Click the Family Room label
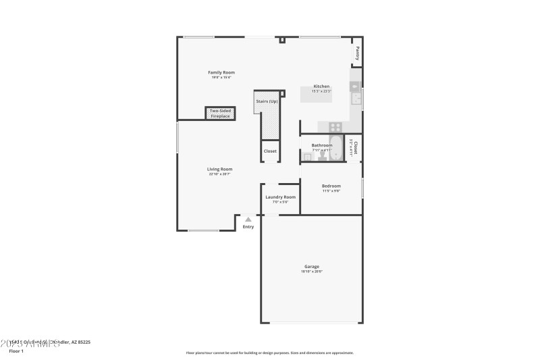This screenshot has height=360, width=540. [x=221, y=72]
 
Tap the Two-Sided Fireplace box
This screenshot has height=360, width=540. [x=220, y=113]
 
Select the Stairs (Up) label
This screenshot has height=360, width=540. [x=267, y=101]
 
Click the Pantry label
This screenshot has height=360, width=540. [x=357, y=53]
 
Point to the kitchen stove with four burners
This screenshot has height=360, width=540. [x=335, y=126]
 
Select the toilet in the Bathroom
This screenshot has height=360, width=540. [x=322, y=155]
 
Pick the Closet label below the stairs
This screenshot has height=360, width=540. [x=270, y=151]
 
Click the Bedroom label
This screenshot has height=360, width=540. [x=331, y=186]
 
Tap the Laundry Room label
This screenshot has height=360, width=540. [x=280, y=197]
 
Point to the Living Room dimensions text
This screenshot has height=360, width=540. [x=220, y=174]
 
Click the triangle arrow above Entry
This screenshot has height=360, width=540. [x=248, y=219]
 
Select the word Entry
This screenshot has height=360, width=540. [x=248, y=227]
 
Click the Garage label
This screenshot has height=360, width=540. [x=311, y=266]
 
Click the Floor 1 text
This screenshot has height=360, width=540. [x=16, y=351]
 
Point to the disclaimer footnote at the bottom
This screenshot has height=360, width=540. [x=269, y=353]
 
